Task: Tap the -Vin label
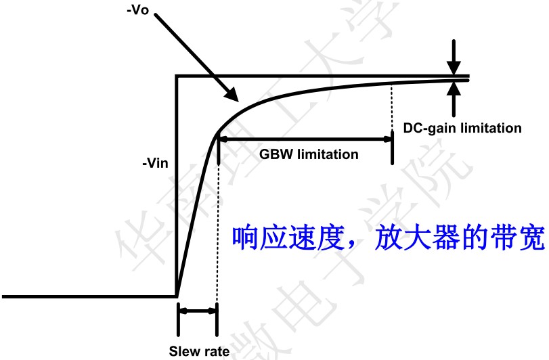coord(156,162)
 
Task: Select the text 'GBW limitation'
coord(309,154)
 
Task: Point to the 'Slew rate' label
coord(199,351)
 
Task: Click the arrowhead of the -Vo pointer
coord(231,96)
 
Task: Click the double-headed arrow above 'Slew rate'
coord(197,311)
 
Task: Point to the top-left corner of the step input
coord(177,76)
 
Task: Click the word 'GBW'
coord(273,154)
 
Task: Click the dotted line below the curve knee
coord(218,223)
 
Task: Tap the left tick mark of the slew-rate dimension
coord(177,318)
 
